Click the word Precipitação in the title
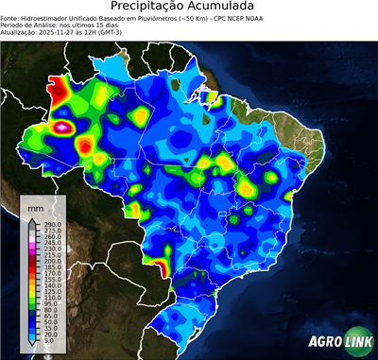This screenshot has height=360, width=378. pos(149,8)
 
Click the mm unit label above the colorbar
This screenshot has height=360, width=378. pos(36,205)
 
